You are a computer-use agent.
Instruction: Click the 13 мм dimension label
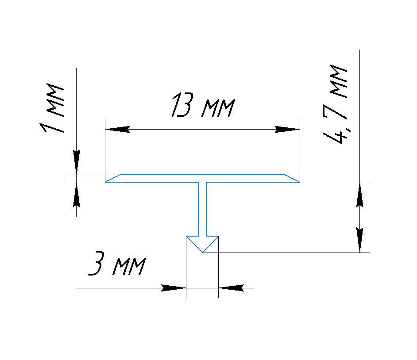[203, 105]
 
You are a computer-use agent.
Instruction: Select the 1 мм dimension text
[52, 108]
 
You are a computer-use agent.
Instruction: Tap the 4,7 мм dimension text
[335, 103]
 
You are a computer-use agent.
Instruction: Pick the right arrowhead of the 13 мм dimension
[287, 130]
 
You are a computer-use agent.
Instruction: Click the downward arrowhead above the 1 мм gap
[77, 162]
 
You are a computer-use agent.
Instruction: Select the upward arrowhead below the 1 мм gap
[77, 195]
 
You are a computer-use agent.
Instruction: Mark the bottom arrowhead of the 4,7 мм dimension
[360, 240]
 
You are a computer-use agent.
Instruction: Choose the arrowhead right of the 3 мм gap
[231, 288]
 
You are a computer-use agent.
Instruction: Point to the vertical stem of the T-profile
[202, 209]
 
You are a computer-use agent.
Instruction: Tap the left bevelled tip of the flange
[106, 182]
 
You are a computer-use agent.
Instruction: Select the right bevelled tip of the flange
[299, 182]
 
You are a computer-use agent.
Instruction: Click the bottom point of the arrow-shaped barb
[203, 253]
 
